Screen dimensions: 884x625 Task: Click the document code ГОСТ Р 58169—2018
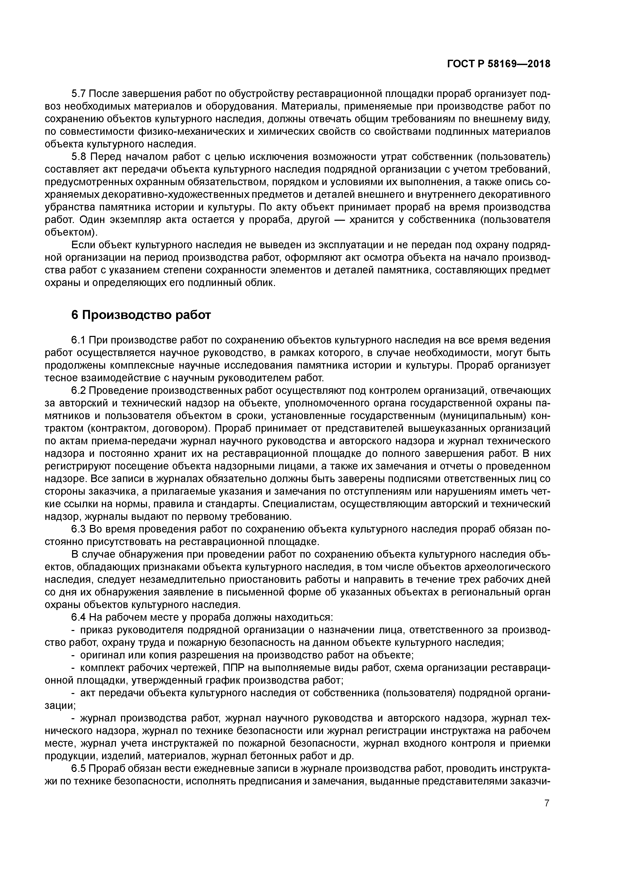(x=499, y=64)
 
